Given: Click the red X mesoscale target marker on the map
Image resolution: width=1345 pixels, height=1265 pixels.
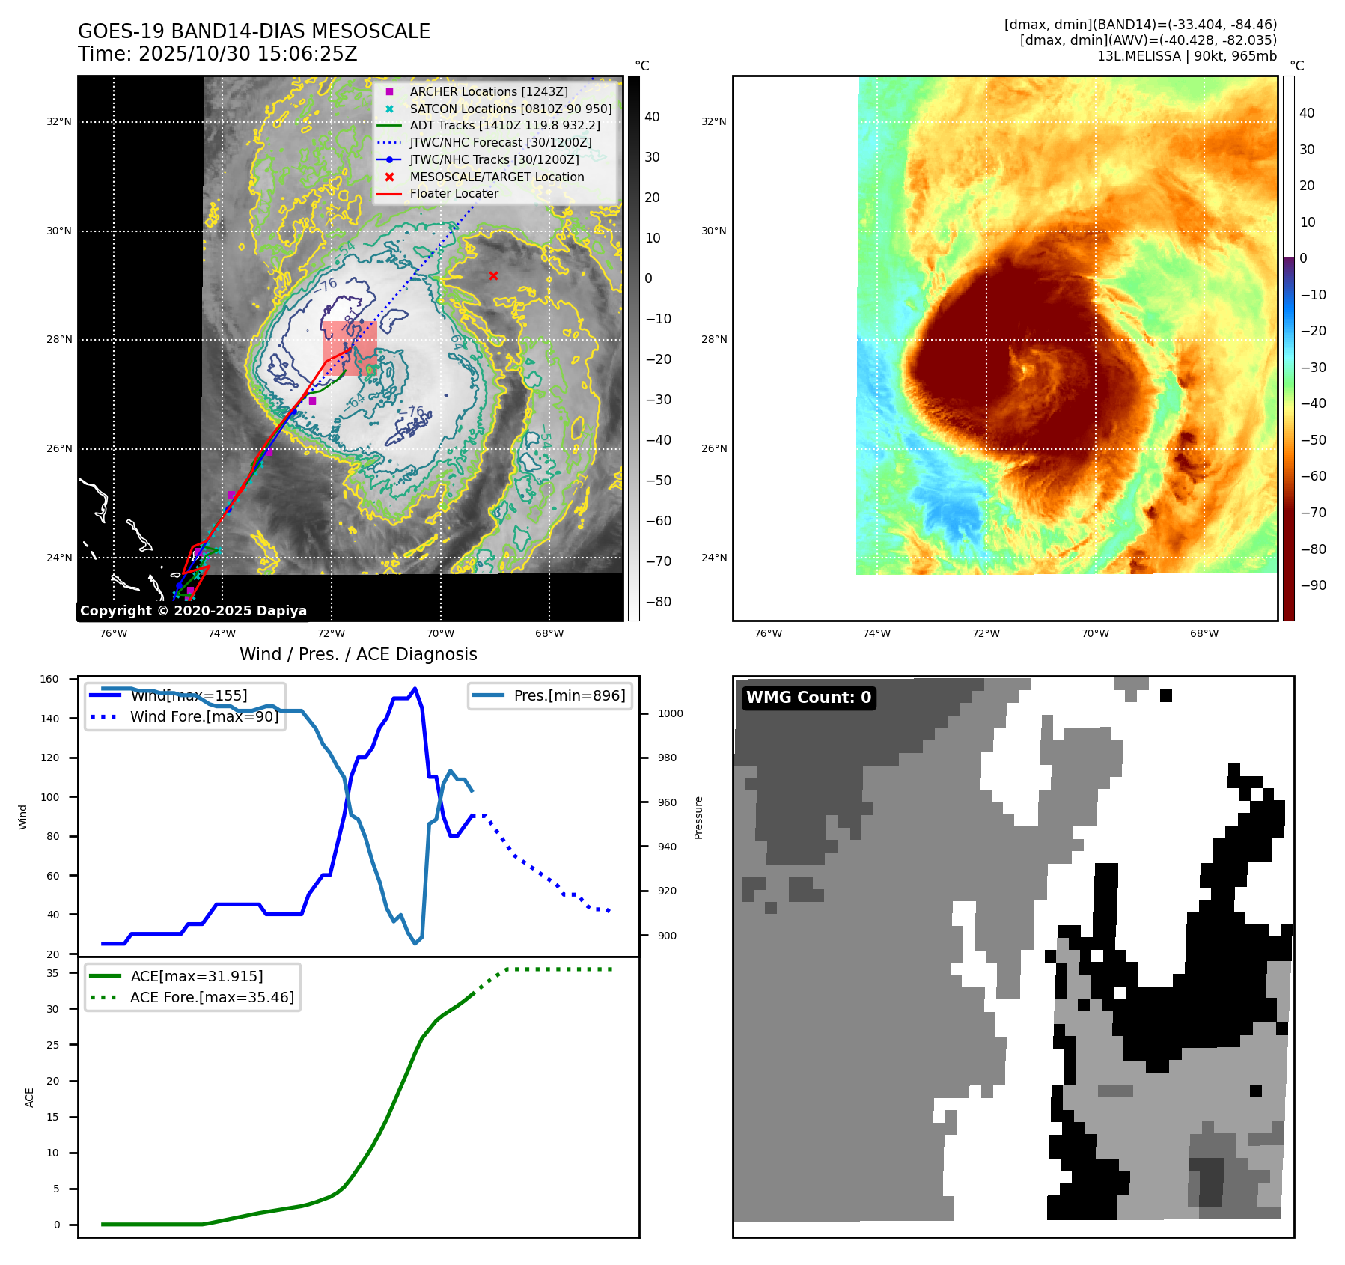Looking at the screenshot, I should tap(493, 276).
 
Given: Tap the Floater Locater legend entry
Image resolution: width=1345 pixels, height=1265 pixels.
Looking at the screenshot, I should tap(454, 193).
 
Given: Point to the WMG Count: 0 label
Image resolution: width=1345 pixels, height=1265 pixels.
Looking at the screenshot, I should tap(808, 698).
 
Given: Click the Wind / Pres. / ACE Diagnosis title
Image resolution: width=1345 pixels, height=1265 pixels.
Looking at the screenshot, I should tap(358, 654).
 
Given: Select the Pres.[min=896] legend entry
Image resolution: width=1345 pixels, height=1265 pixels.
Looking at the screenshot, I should tap(569, 695).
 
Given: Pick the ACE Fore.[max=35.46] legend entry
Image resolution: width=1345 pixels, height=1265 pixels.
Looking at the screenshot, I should tap(212, 997).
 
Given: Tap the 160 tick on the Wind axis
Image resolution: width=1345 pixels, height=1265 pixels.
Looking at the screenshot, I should tap(49, 680).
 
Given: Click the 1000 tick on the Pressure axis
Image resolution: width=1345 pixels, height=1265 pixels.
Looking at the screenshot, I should tap(670, 714).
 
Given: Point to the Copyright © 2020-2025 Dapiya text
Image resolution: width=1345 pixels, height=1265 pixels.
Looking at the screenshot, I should tap(193, 611).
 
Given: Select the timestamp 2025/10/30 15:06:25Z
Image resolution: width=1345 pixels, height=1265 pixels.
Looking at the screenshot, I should tap(248, 55).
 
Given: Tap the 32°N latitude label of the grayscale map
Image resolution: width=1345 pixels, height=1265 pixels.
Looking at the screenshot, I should tap(59, 122).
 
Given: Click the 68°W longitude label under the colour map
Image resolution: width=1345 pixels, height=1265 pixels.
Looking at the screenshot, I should tap(1204, 633).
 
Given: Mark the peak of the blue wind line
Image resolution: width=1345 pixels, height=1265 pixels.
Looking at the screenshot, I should tap(415, 689).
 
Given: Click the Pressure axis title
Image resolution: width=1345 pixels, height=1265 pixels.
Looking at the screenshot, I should tap(698, 817).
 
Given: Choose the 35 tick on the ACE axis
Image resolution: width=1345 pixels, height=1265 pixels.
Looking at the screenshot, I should tap(52, 973).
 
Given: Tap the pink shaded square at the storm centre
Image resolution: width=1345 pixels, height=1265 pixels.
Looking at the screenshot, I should tap(350, 348).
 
